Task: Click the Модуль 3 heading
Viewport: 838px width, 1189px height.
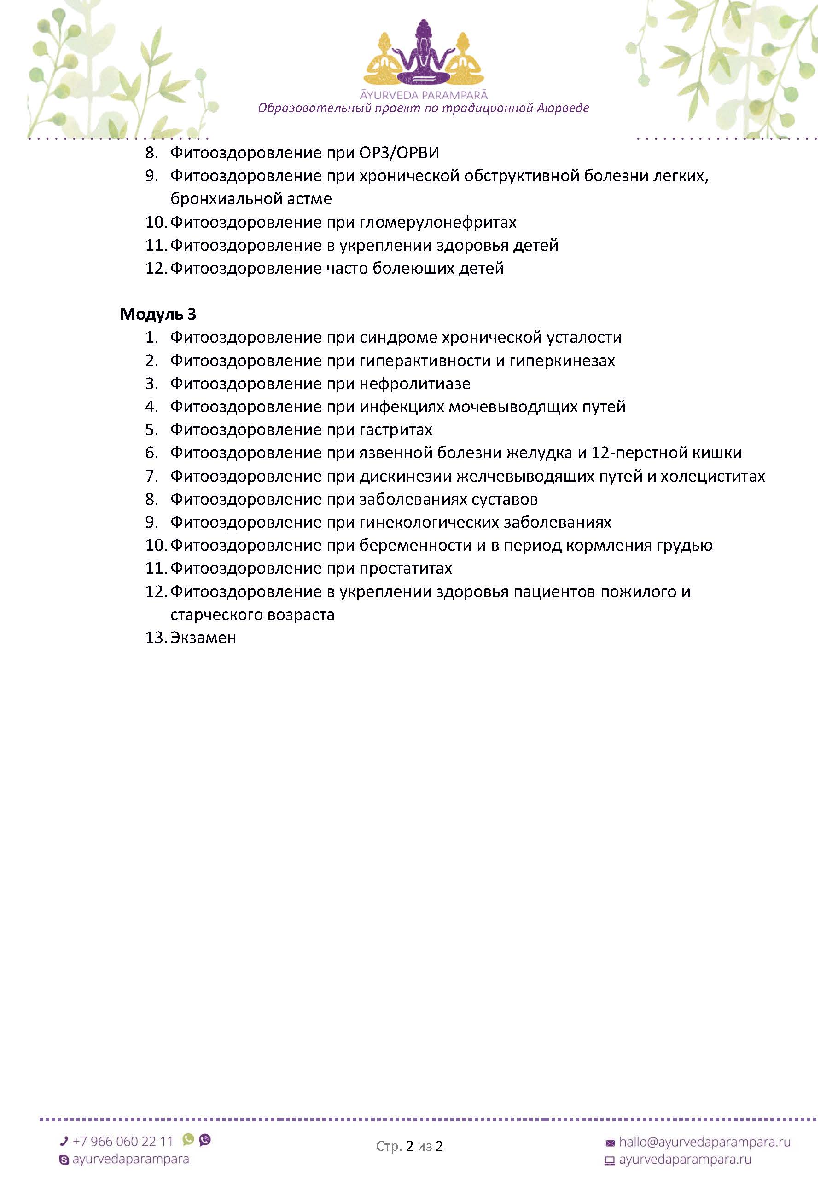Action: coord(158,314)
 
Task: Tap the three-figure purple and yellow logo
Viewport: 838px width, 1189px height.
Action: coord(424,54)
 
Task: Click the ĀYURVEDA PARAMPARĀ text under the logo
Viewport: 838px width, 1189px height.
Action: coord(424,95)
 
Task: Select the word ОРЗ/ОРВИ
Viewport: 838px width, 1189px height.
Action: coord(399,153)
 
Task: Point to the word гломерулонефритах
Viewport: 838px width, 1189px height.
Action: coord(438,222)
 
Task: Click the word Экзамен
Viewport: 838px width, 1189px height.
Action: coord(203,638)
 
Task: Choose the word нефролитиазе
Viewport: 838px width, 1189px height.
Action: coord(415,384)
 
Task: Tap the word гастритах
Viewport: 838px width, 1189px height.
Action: coord(396,430)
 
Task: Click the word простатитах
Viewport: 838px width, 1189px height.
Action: coord(406,568)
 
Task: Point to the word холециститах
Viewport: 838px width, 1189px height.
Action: coord(713,476)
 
